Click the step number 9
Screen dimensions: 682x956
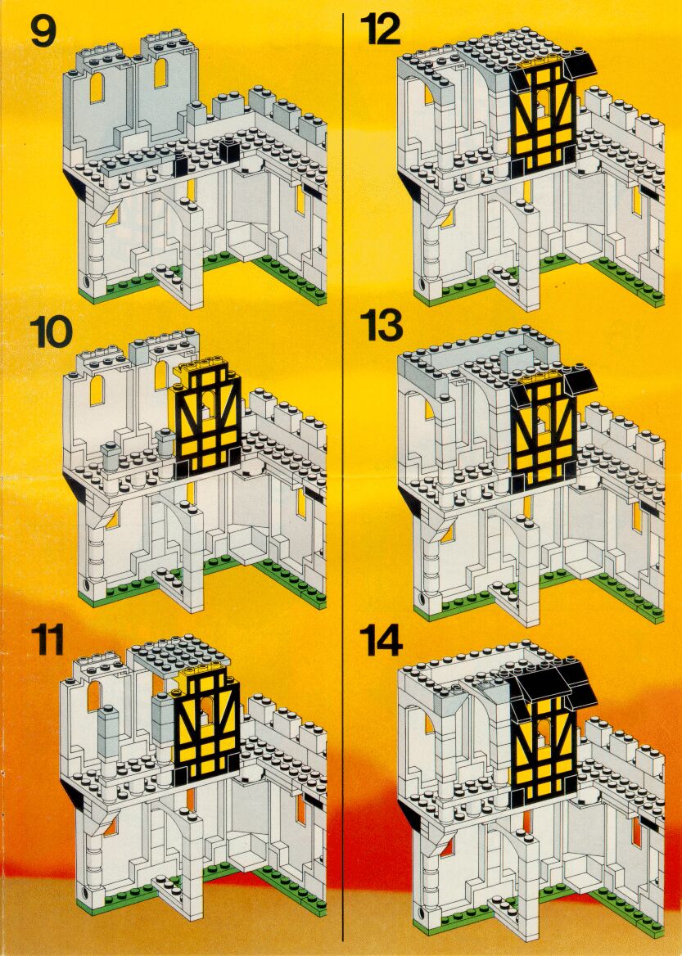(42, 32)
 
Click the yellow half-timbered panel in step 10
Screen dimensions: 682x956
(206, 422)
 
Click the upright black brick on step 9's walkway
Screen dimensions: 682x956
(229, 151)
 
